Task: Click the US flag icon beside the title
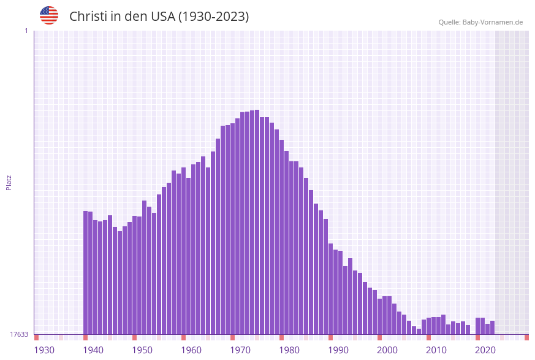(x=49, y=15)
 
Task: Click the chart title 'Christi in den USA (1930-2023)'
(x=159, y=17)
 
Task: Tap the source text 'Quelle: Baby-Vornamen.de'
(x=480, y=22)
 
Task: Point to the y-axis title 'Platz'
(x=9, y=182)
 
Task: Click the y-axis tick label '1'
(x=26, y=31)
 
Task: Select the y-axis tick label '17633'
(x=19, y=334)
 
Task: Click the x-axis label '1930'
(x=44, y=350)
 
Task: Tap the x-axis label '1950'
(x=142, y=350)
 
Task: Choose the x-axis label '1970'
(x=240, y=350)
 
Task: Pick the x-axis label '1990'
(x=338, y=350)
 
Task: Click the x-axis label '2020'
(x=485, y=350)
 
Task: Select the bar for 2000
(x=390, y=315)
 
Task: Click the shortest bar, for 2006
(x=419, y=331)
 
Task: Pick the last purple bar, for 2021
(x=493, y=327)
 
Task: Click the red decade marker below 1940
(x=86, y=337)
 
